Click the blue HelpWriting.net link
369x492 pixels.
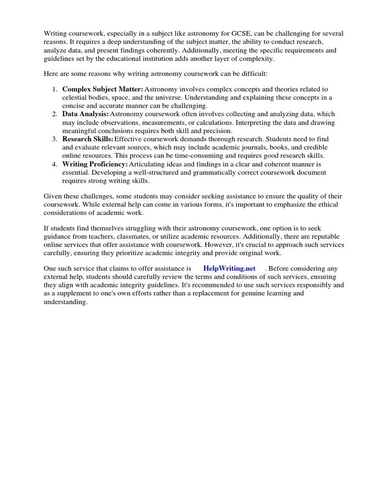(x=229, y=268)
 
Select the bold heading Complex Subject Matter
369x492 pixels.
(x=102, y=89)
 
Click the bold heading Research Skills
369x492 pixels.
(x=87, y=139)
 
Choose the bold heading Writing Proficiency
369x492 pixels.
(x=95, y=164)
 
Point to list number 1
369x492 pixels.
(x=55, y=89)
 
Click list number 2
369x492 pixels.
(x=55, y=114)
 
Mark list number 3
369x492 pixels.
(x=55, y=139)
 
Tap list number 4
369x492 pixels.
(x=55, y=164)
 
